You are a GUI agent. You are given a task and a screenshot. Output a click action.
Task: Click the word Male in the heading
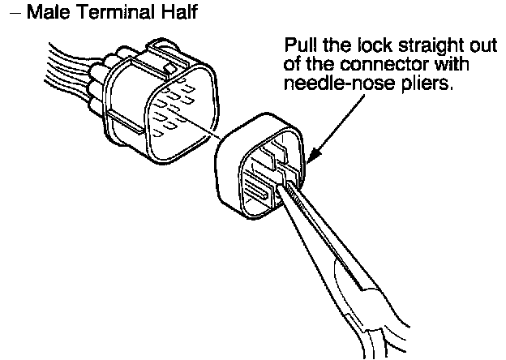pos(45,14)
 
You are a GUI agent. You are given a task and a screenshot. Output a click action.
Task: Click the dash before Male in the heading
pos(16,15)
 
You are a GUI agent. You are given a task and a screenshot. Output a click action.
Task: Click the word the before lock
pos(330,45)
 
